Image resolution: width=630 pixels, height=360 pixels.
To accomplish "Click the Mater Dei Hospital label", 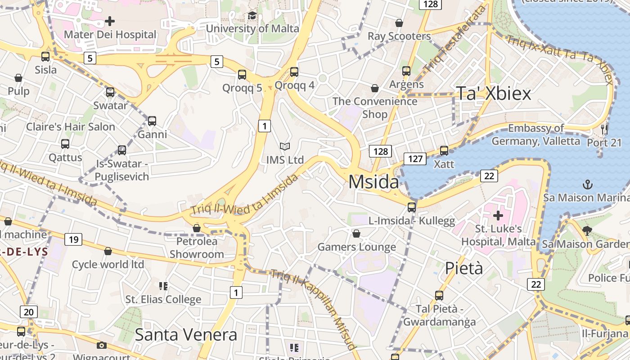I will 110,35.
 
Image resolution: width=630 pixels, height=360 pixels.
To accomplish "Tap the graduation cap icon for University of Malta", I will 252,16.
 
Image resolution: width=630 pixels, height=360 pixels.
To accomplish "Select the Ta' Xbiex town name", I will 494,93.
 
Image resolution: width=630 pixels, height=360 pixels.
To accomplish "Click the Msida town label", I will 373,182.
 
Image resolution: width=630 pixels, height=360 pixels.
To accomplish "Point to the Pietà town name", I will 464,268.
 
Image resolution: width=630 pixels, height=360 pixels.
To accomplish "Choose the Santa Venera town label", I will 186,335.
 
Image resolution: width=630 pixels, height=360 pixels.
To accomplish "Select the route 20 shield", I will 29,312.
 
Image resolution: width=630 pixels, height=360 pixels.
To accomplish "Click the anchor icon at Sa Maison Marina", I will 587,184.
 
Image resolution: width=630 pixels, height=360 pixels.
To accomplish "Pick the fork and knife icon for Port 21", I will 604,130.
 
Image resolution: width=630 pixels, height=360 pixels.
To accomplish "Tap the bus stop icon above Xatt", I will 444,151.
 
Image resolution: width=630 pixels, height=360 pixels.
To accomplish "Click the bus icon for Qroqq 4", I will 294,72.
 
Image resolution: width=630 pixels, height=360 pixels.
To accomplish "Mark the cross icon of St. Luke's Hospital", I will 498,216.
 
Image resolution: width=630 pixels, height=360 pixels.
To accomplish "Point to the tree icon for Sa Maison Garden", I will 587,231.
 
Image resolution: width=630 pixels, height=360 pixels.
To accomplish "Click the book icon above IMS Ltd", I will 285,146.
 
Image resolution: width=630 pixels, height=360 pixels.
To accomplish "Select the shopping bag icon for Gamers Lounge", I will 356,234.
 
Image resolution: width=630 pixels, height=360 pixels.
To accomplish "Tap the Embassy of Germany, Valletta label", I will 535,135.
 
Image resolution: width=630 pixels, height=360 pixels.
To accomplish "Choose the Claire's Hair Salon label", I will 71,127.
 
